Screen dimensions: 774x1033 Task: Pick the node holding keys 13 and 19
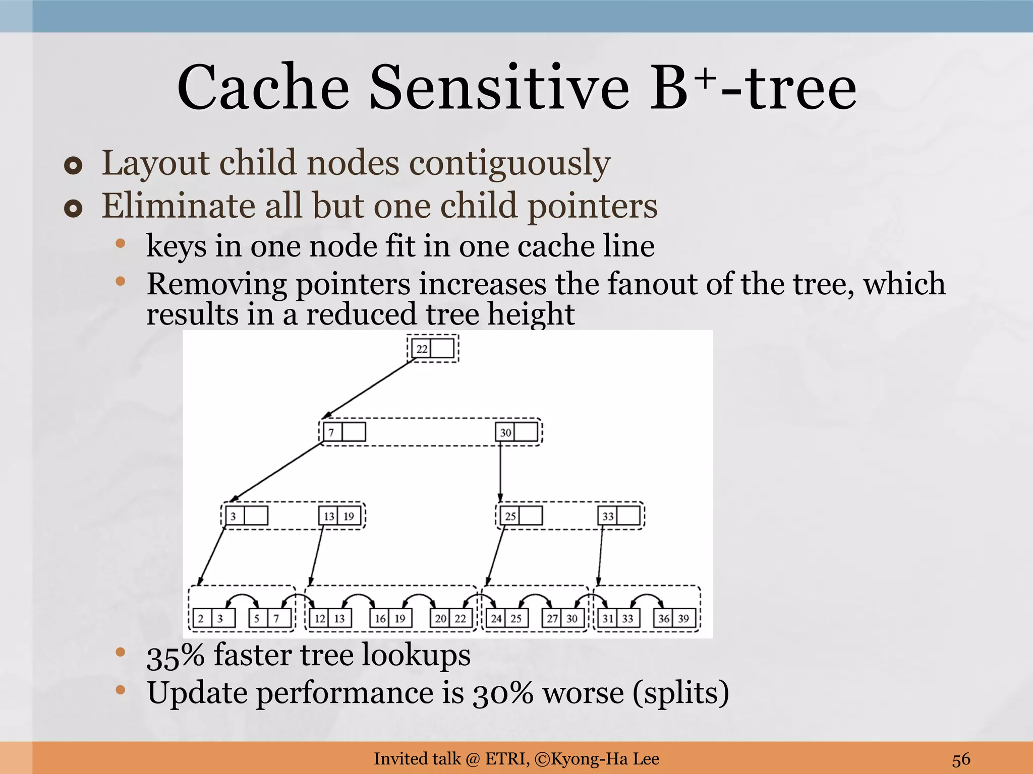pos(339,516)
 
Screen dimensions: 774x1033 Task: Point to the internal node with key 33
pos(619,516)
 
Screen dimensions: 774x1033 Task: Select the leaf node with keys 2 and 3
pos(214,618)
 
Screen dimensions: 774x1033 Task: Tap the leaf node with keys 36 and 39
pos(674,618)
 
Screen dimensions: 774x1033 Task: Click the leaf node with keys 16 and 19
pos(390,618)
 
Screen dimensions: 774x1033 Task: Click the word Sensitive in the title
pos(499,88)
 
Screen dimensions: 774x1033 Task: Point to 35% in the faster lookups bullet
pos(176,656)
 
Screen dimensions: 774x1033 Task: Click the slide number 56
pos(961,759)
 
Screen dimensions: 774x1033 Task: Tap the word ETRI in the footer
pos(506,758)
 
